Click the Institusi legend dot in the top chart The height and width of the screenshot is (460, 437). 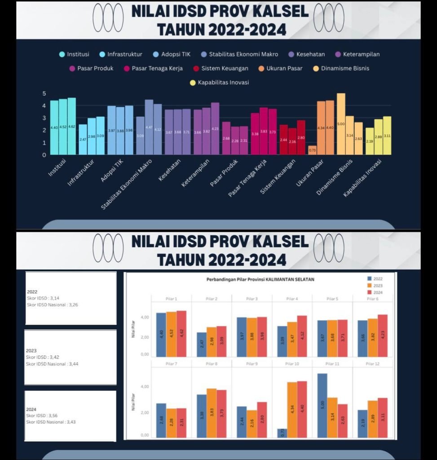tap(62, 54)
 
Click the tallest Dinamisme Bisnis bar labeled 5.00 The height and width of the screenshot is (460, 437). tap(341, 124)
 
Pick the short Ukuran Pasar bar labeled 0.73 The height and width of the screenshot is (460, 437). tap(312, 150)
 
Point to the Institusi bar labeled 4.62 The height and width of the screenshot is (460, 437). tap(72, 126)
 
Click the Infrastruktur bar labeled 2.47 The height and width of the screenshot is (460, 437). tap(83, 140)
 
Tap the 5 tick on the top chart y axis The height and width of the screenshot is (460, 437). tap(44, 93)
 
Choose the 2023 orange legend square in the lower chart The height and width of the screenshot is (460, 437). tap(370, 285)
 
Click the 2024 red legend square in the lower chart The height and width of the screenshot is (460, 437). tap(370, 292)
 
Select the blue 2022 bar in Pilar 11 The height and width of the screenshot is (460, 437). tap(322, 405)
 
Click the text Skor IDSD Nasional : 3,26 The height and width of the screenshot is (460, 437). tap(53, 305)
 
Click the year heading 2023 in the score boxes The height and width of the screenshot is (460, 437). tap(31, 350)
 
